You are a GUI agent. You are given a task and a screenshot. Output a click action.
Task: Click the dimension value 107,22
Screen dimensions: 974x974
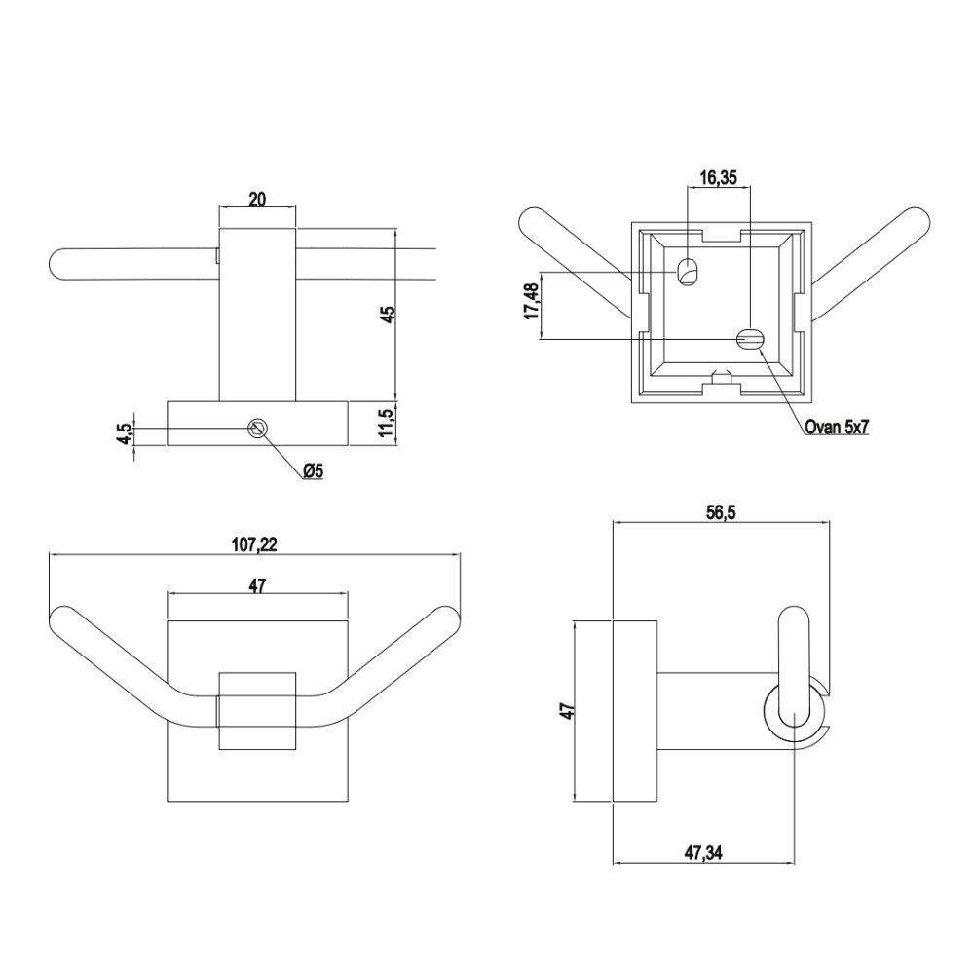click(254, 544)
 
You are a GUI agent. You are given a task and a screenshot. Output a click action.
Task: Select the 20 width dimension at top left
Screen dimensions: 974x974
click(257, 200)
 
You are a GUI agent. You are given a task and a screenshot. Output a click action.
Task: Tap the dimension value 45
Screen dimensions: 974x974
click(389, 314)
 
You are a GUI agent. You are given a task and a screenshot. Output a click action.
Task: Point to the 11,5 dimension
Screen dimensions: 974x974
click(387, 423)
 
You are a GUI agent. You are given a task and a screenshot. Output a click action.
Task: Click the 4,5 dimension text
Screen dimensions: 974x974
click(125, 433)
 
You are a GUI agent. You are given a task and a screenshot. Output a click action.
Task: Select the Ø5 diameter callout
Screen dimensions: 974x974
click(314, 472)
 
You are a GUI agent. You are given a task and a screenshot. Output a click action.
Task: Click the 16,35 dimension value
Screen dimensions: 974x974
click(718, 178)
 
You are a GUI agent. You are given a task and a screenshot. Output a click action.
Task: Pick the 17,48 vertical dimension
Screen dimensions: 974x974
click(533, 303)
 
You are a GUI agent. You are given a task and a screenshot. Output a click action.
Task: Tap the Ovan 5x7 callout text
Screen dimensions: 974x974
click(836, 428)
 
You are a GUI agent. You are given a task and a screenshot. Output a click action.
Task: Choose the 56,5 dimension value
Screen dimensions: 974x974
click(720, 512)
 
